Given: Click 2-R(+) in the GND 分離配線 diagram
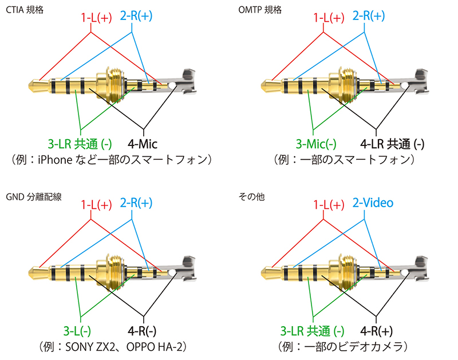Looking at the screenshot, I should [136, 204].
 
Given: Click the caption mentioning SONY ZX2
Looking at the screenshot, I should [114, 346].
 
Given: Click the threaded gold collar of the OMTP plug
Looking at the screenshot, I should [344, 86].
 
